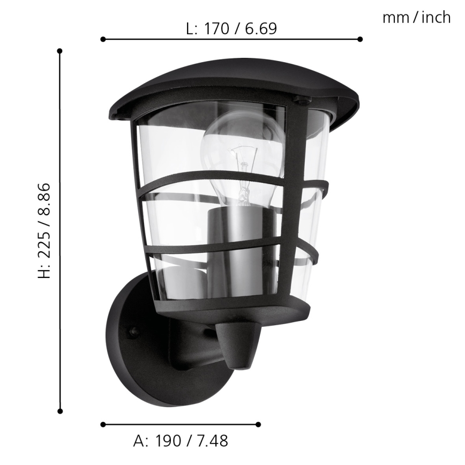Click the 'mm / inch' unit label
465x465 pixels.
(x=416, y=18)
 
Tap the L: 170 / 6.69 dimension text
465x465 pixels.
(x=231, y=28)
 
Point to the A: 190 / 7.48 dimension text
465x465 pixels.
(x=181, y=441)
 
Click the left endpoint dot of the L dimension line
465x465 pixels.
(x=103, y=39)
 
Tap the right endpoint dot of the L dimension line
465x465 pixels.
(x=360, y=39)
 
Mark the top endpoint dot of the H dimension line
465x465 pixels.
(x=60, y=51)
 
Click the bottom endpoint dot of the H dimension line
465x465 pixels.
(x=60, y=411)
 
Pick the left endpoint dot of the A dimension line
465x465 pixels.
(x=103, y=424)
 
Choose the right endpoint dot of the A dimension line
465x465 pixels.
(x=258, y=424)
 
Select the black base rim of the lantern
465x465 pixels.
(x=236, y=311)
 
